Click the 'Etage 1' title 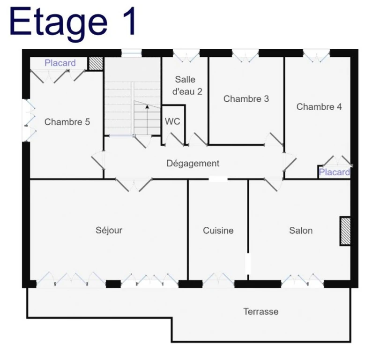[x=73, y=22]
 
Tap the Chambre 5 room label [x=67, y=122]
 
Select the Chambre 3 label [x=246, y=99]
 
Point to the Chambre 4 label [x=319, y=107]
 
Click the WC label [x=172, y=121]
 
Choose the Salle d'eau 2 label [x=187, y=85]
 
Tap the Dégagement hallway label [x=193, y=164]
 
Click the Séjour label [x=109, y=230]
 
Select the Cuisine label [x=218, y=230]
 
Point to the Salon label [x=301, y=230]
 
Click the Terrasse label [x=261, y=311]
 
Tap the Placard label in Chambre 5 [x=60, y=63]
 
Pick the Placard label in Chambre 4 [x=335, y=172]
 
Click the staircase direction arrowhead [x=147, y=107]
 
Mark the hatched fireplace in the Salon [x=345, y=231]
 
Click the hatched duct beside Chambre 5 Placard [x=96, y=64]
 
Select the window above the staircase [x=132, y=53]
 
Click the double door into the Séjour [x=134, y=184]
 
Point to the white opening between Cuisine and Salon [x=247, y=264]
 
